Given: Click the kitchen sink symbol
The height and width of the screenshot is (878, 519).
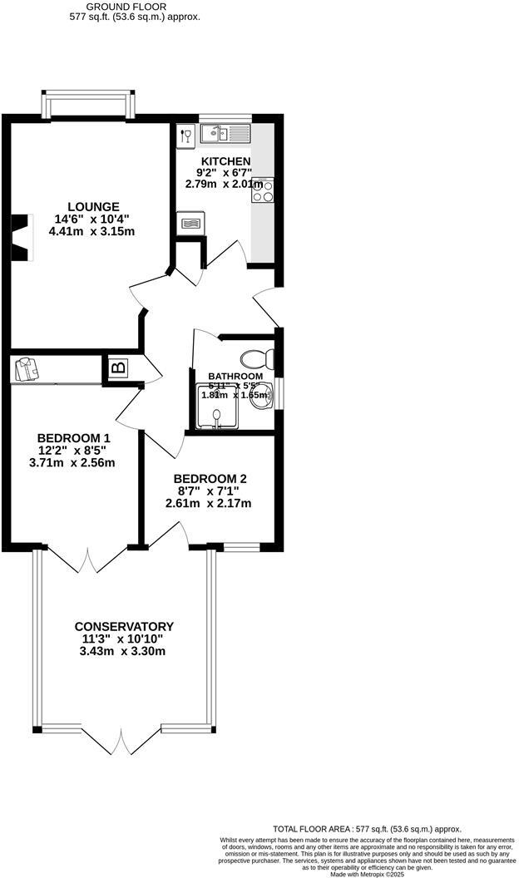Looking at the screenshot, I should point(225,132).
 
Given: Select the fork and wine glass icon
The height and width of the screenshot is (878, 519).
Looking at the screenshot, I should point(185,135).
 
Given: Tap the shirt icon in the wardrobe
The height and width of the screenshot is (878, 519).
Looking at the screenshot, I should point(24,368).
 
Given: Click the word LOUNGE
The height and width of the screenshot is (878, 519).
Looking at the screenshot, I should point(93,206).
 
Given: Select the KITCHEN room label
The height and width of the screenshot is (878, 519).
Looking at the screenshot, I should point(220,161).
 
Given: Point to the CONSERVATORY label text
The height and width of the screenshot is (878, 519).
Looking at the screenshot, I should point(124,626).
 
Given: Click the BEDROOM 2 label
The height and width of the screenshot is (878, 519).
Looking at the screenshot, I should point(210,479).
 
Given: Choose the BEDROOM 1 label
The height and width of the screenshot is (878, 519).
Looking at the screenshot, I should point(74,437).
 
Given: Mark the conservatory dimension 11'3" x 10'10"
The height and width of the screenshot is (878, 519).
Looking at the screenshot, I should point(124,639).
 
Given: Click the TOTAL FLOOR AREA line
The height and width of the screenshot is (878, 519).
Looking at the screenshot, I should point(367,829).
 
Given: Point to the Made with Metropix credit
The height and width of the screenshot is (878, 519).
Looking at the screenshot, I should point(367,874).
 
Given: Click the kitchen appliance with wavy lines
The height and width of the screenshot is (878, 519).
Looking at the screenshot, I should point(190,223).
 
